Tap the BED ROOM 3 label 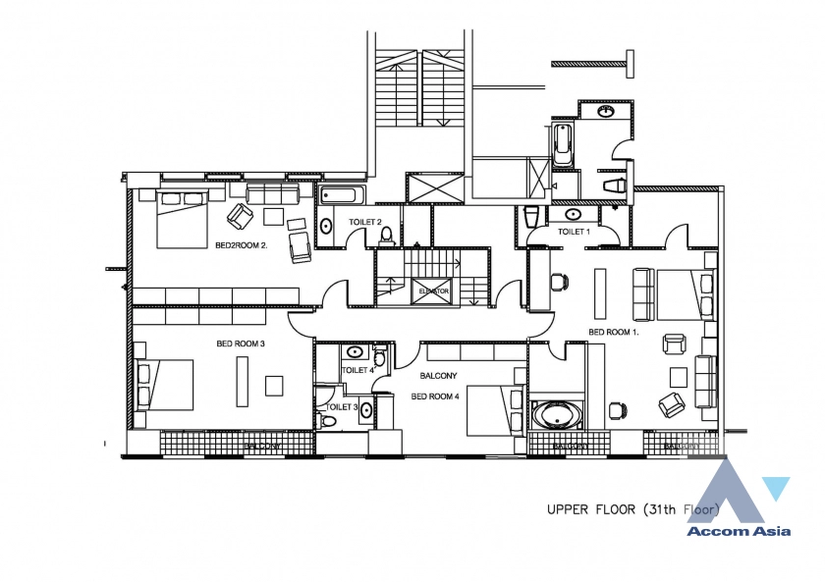coord(242,344)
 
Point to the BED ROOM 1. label coord(614,333)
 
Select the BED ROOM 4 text coord(435,396)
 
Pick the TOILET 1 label coord(574,232)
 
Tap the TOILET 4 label coord(357,370)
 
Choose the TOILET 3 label coord(342,406)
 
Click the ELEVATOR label coord(433,291)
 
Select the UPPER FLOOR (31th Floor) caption coord(633,509)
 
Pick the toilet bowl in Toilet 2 coord(387,235)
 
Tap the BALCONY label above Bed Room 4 coord(438,376)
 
